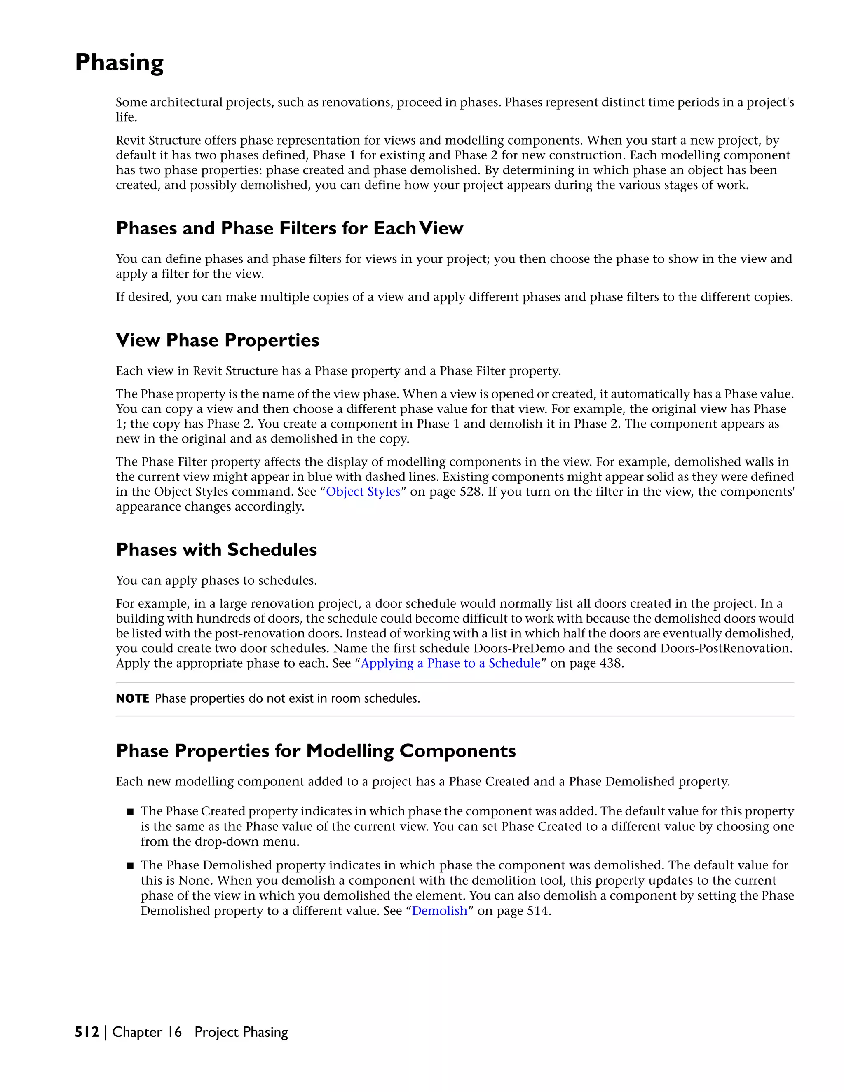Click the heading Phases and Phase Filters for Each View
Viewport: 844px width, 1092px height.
click(x=289, y=229)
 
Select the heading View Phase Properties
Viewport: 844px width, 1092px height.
click(x=218, y=340)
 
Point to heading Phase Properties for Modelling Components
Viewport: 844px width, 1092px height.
click(x=316, y=751)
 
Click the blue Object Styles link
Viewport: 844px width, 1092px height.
click(x=363, y=492)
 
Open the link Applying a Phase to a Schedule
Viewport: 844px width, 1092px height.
click(x=450, y=663)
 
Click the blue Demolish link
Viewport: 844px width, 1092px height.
click(x=439, y=911)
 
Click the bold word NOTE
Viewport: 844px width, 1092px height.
click(x=133, y=698)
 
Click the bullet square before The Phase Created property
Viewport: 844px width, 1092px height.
click(x=130, y=812)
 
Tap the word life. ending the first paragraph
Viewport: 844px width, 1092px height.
click(x=126, y=117)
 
